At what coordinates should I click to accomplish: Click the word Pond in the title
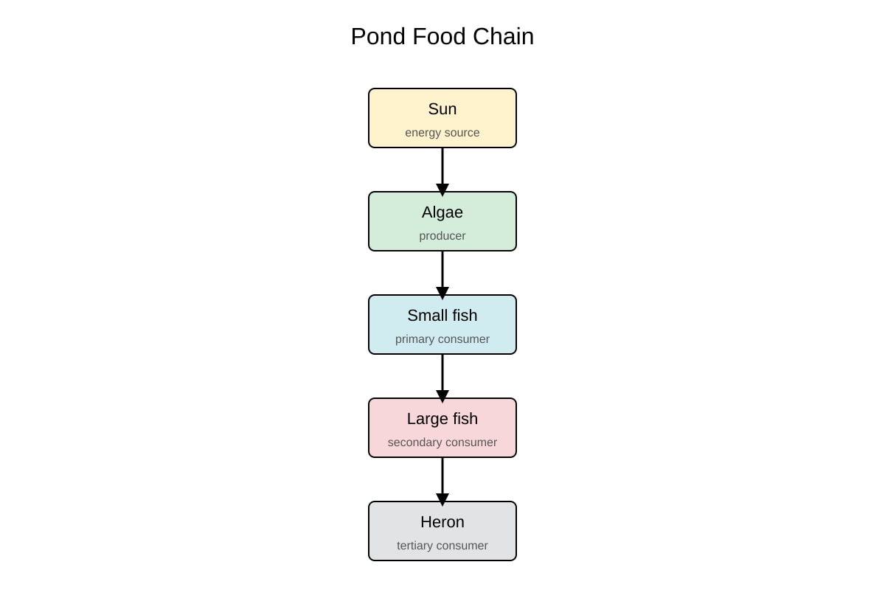(x=378, y=36)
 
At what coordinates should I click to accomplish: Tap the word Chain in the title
(x=503, y=36)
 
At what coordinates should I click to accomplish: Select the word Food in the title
(x=440, y=36)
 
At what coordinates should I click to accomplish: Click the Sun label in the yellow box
(x=442, y=109)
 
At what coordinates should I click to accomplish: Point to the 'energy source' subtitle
(x=442, y=133)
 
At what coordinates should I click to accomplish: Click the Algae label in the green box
(x=442, y=212)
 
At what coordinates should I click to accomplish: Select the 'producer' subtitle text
(x=442, y=236)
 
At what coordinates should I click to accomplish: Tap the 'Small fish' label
(x=442, y=316)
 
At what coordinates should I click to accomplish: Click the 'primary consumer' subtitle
(x=442, y=339)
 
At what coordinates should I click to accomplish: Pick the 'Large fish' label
(x=442, y=419)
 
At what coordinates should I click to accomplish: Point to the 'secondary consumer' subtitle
(x=442, y=442)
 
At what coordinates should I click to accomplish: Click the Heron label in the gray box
(x=442, y=522)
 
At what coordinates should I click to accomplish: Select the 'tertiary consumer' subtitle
(x=442, y=546)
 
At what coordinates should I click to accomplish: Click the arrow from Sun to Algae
(x=442, y=172)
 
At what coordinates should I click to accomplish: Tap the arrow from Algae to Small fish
(x=442, y=275)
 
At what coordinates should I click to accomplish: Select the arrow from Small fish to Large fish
(x=442, y=378)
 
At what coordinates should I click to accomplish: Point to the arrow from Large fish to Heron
(x=442, y=482)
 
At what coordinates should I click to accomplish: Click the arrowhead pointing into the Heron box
(x=442, y=499)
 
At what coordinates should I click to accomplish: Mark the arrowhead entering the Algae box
(x=442, y=190)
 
